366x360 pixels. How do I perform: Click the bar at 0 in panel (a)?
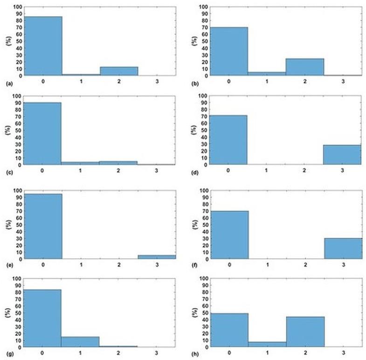pyautogui.click(x=43, y=46)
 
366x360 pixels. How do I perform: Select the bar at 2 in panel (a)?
pyautogui.click(x=119, y=71)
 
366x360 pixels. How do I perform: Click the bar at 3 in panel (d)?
pyautogui.click(x=342, y=155)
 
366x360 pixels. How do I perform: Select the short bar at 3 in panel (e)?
pyautogui.click(x=157, y=257)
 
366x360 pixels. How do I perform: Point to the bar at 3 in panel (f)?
pyautogui.click(x=343, y=249)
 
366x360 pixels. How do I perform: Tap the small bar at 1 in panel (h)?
pyautogui.click(x=267, y=344)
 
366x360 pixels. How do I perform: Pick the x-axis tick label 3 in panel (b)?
pyautogui.click(x=343, y=81)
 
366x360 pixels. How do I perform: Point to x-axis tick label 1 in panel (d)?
pyautogui.click(x=267, y=171)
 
